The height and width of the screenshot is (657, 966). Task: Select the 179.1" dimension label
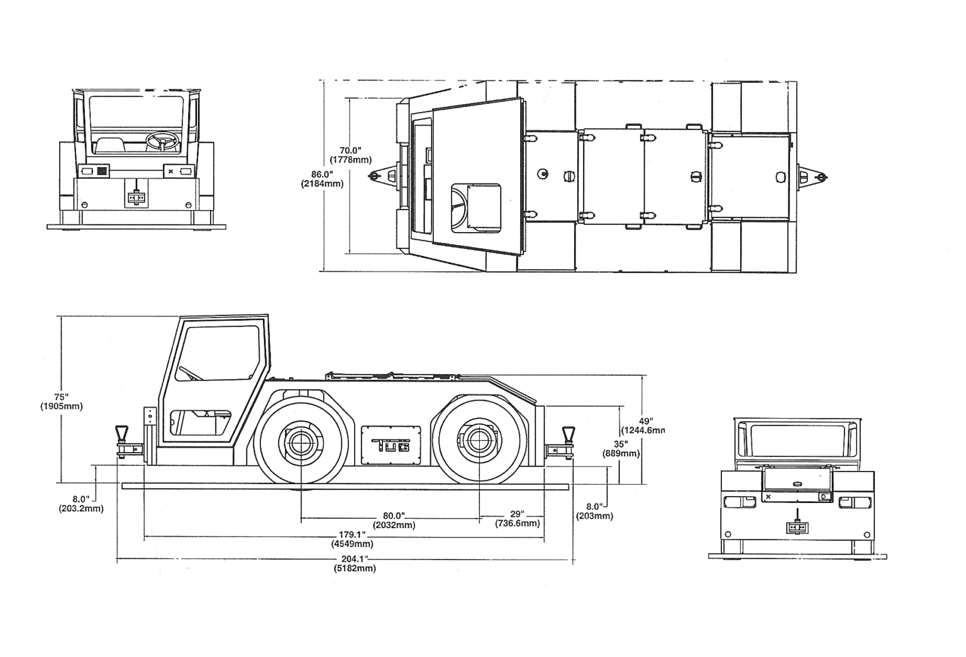[352, 535]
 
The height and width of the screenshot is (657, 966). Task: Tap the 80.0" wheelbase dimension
[394, 516]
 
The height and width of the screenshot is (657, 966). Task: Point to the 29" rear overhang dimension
[517, 514]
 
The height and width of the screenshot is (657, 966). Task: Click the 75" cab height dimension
[60, 397]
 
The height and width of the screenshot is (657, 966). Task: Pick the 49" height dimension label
[645, 421]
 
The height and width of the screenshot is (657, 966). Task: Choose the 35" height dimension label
[621, 443]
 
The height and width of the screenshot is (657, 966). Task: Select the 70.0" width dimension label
[350, 150]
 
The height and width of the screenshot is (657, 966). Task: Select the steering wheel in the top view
[460, 208]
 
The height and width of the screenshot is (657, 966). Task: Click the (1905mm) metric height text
[61, 406]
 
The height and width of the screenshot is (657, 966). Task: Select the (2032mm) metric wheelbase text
[394, 525]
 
